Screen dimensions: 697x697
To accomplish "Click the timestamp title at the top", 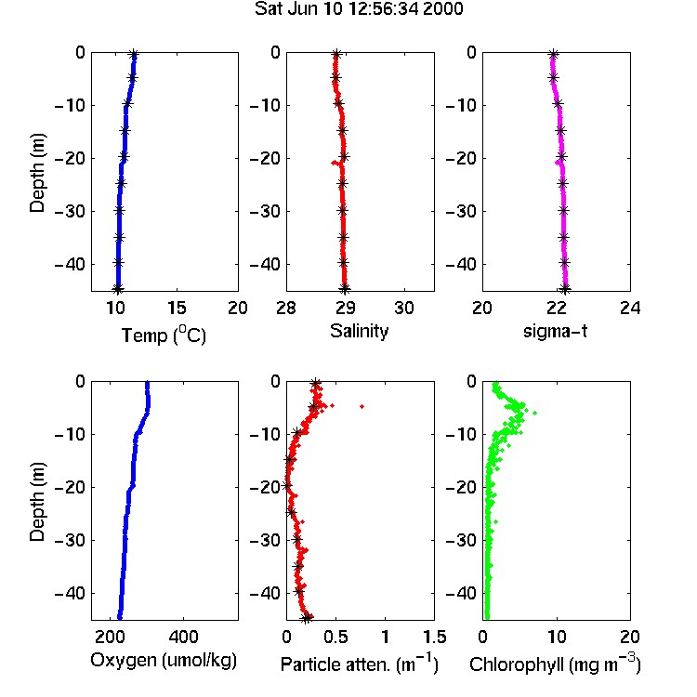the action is (359, 8).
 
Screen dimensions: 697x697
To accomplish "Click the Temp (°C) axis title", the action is (164, 335).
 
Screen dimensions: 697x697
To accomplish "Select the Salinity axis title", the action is (359, 331).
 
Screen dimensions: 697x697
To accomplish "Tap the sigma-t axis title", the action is (555, 331).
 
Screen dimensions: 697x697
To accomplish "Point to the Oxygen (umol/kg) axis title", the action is (164, 661).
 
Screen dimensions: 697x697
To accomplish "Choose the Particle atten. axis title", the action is (359, 664).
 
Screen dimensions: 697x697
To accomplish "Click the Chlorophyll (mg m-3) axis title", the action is (555, 664).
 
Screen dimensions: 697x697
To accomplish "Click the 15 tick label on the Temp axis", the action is (177, 308).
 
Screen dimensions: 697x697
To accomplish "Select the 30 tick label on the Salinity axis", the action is (404, 308).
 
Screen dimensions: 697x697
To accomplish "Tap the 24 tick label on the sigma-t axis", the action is (630, 308).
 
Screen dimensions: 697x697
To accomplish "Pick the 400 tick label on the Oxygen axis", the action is (183, 637).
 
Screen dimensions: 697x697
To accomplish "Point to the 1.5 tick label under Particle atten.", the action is (434, 637).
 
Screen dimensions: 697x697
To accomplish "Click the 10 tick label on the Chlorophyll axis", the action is (557, 637).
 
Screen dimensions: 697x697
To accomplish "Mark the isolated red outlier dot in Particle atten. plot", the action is (362, 406).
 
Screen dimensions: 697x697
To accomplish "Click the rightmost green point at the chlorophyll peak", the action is (534, 413).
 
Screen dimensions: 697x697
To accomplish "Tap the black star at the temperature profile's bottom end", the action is (117, 289).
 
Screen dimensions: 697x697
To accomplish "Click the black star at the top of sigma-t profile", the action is (553, 55).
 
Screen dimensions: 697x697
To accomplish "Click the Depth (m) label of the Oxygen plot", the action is (37, 502).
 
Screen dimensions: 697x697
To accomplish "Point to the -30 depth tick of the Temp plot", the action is (70, 211).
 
